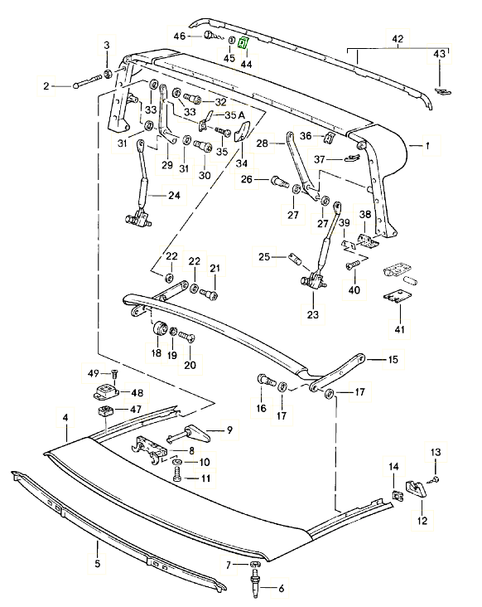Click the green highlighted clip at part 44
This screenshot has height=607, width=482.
click(x=243, y=42)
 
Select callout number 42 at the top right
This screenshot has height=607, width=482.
click(x=398, y=39)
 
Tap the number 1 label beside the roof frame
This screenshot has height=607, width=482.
click(x=427, y=146)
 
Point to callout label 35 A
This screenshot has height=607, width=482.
click(x=235, y=115)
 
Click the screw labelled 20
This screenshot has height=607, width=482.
click(x=186, y=337)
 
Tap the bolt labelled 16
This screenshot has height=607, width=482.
click(x=266, y=380)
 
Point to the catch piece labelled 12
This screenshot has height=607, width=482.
click(x=417, y=488)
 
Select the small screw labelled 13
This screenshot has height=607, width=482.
click(x=434, y=480)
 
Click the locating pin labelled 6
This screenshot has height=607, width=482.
click(x=256, y=579)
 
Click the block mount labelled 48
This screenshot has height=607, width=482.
click(x=105, y=391)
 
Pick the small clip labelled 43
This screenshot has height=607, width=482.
click(x=443, y=91)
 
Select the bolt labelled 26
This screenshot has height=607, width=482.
click(x=280, y=181)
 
